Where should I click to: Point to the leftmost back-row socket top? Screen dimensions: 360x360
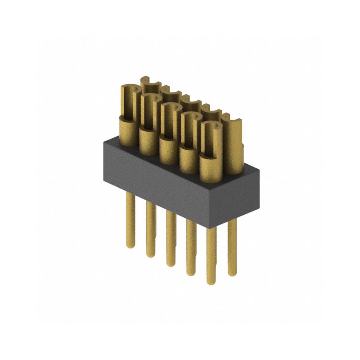click(x=150, y=83)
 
